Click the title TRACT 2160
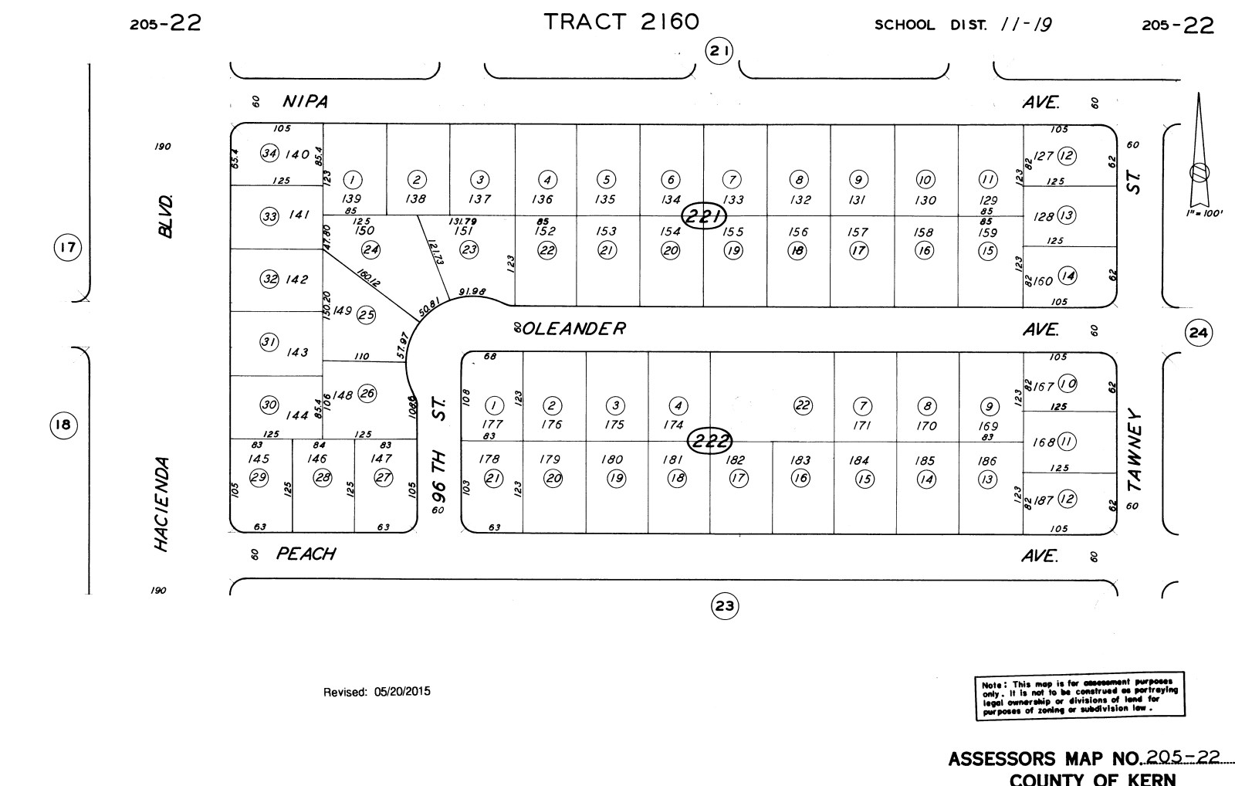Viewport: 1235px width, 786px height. click(x=621, y=22)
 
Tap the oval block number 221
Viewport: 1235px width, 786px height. click(x=704, y=216)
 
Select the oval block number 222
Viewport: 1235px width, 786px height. click(x=710, y=442)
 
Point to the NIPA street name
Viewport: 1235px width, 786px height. click(x=306, y=102)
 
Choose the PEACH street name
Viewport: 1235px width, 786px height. click(x=306, y=554)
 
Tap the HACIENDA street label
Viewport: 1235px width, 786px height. click(x=161, y=504)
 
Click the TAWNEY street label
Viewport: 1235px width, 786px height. click(x=1133, y=449)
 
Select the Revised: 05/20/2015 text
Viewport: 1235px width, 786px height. click(x=377, y=692)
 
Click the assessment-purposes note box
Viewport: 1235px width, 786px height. click(x=1080, y=696)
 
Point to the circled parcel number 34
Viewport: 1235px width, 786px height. click(x=269, y=153)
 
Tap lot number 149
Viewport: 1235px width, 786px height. click(x=342, y=311)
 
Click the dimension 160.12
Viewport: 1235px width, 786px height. click(x=368, y=277)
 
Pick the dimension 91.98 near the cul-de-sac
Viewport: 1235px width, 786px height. click(x=472, y=291)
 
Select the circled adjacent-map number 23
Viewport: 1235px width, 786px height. click(x=724, y=606)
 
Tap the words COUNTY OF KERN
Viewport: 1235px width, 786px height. click(x=1092, y=778)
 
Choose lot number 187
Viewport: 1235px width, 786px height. click(x=1043, y=500)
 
